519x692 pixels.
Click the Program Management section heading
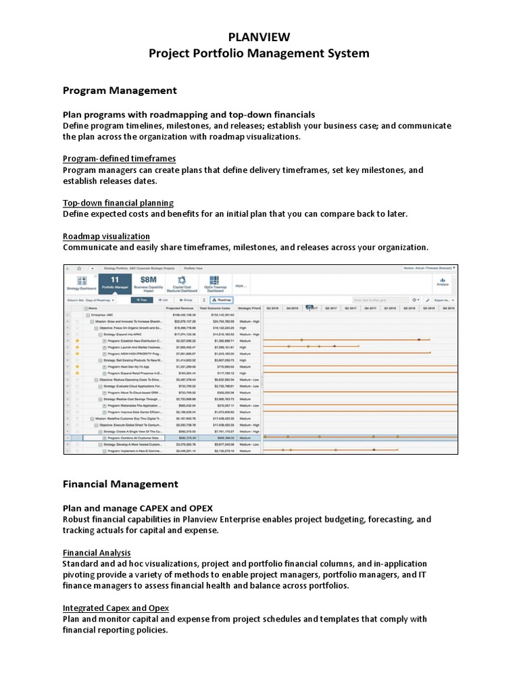point(120,91)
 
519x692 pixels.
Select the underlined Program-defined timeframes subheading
point(119,158)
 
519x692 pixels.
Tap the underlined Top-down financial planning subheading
point(118,203)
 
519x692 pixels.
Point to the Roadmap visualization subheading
point(106,236)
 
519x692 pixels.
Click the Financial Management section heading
point(120,484)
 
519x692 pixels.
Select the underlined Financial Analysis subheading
point(97,552)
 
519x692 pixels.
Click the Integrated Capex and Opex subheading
point(116,608)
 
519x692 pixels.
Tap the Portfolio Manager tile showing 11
point(114,282)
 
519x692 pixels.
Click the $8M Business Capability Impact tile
point(148,282)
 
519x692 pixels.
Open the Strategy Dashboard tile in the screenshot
point(81,282)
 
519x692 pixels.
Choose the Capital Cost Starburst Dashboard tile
point(180,282)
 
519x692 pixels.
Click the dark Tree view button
point(141,299)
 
